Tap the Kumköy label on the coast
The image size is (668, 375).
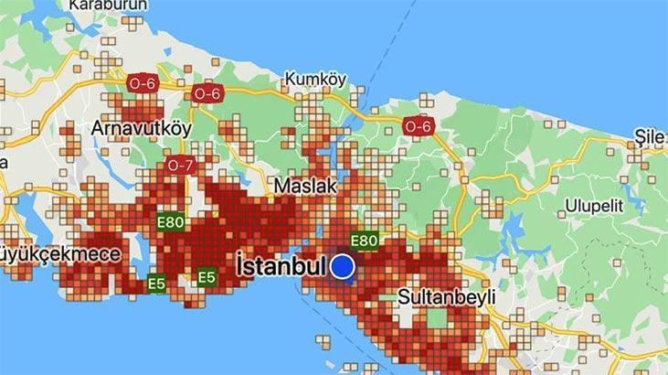click(x=315, y=80)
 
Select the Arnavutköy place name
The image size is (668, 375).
click(x=141, y=128)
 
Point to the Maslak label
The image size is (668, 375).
click(x=306, y=186)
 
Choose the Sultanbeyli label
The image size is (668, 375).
click(x=446, y=297)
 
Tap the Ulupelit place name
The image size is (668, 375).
click(x=594, y=205)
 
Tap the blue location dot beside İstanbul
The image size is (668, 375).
click(x=343, y=266)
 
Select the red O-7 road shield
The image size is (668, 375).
click(x=180, y=166)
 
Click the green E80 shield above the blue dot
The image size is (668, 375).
click(x=365, y=241)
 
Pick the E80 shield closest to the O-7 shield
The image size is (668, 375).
click(x=170, y=221)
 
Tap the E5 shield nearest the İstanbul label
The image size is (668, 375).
click(x=207, y=276)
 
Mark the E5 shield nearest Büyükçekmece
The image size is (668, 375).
click(x=157, y=284)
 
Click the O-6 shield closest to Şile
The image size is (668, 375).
click(x=418, y=126)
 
